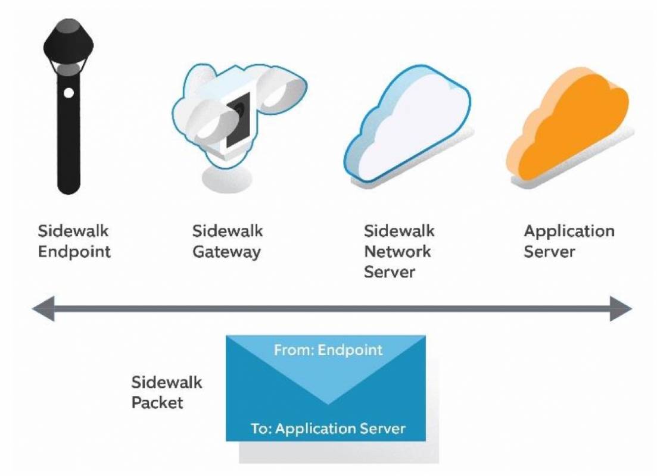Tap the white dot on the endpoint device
[68, 93]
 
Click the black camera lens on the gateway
[238, 120]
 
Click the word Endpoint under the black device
[74, 252]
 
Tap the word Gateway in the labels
[227, 252]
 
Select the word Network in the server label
[397, 252]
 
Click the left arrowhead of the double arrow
[43, 309]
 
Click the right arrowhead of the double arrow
[621, 309]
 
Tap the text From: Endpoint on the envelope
[328, 350]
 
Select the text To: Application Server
[328, 428]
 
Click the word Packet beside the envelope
[157, 403]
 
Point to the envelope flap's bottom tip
[328, 404]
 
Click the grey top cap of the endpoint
[68, 26]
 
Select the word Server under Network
[389, 272]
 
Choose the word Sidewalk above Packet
[167, 382]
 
